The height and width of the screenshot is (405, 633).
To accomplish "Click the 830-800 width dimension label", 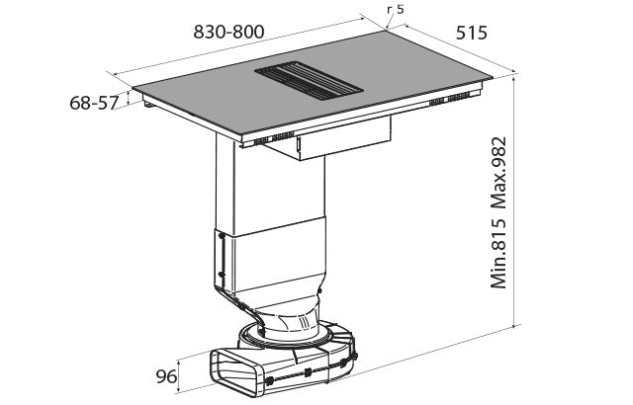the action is pyautogui.click(x=228, y=32).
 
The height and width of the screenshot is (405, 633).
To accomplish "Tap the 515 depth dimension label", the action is pyautogui.click(x=471, y=33).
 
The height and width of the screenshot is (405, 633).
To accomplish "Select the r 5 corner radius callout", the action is pyautogui.click(x=395, y=9).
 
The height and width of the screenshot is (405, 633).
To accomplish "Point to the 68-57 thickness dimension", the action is pyautogui.click(x=94, y=103).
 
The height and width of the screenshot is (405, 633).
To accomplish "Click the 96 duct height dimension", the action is pyautogui.click(x=166, y=376).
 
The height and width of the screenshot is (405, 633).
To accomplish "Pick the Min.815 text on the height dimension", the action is pyautogui.click(x=498, y=254).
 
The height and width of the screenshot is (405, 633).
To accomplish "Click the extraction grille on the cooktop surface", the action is pyautogui.click(x=309, y=81).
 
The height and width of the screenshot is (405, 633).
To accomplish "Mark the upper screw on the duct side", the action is pyautogui.click(x=222, y=236).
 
